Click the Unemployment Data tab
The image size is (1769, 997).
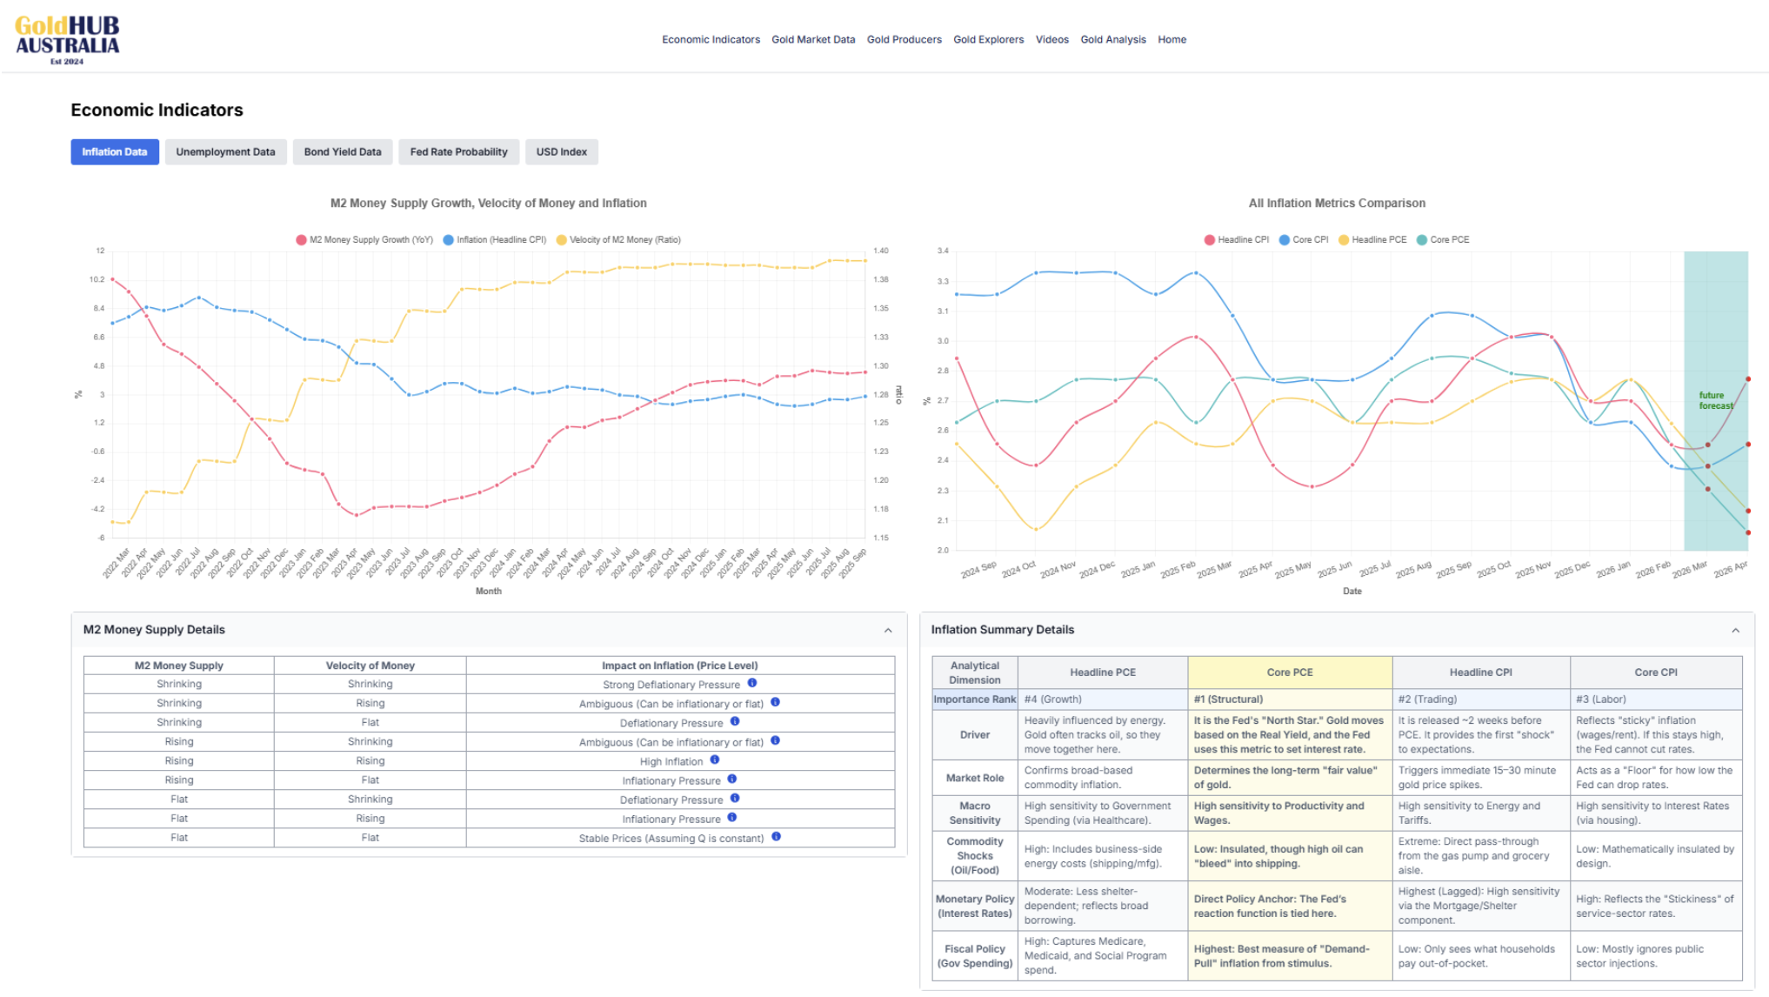(225, 152)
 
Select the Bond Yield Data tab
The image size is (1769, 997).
(343, 152)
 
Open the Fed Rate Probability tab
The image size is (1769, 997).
(458, 152)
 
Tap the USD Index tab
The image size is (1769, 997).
(561, 152)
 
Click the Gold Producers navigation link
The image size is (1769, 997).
(904, 40)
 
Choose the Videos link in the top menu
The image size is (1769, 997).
(1051, 40)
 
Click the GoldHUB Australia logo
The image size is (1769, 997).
(67, 39)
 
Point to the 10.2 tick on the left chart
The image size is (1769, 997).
(97, 279)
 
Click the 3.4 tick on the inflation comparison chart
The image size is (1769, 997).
(943, 251)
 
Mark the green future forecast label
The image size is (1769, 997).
(1715, 400)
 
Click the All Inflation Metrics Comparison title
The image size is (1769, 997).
(1337, 204)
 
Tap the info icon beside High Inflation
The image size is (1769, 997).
(715, 760)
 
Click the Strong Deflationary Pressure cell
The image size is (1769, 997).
(671, 685)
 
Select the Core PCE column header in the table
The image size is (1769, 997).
(1289, 672)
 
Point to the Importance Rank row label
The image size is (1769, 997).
(974, 699)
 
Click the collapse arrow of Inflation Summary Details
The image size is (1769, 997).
(1735, 631)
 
